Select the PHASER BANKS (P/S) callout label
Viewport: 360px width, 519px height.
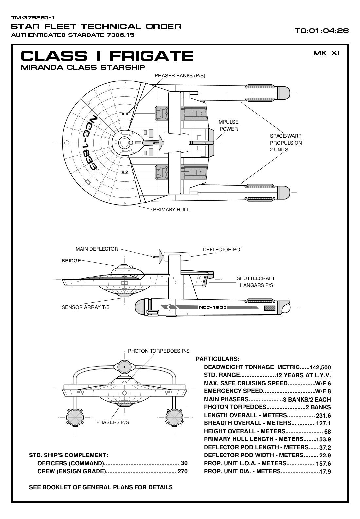180,76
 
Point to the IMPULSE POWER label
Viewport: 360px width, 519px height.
228,125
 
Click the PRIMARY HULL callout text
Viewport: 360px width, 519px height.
171,210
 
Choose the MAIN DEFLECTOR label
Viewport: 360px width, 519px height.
97,249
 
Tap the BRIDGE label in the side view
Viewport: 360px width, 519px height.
71,261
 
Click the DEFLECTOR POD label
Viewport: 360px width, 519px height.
223,250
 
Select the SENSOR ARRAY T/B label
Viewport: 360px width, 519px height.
86,307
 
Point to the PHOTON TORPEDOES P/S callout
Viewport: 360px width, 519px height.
158,351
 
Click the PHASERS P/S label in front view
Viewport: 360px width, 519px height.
112,422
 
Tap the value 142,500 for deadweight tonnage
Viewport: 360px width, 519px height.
320,367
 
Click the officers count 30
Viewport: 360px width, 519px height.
184,463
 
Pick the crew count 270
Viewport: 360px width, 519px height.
182,472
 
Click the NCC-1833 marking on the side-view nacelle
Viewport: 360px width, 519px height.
213,307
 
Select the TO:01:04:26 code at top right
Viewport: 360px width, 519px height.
321,31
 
